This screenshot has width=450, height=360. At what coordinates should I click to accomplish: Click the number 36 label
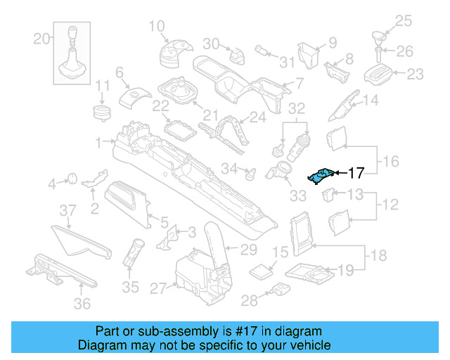pyautogui.click(x=82, y=304)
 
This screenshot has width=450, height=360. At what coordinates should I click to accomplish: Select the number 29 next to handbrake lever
pyautogui.click(x=249, y=249)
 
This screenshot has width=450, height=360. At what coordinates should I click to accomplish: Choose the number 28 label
pyautogui.click(x=250, y=302)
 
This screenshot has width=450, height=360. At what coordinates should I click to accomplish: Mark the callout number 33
pyautogui.click(x=298, y=195)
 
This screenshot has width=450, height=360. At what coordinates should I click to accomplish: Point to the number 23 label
pyautogui.click(x=416, y=73)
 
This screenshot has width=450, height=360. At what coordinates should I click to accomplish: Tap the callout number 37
pyautogui.click(x=67, y=210)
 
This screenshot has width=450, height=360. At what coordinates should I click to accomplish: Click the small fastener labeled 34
pyautogui.click(x=247, y=170)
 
